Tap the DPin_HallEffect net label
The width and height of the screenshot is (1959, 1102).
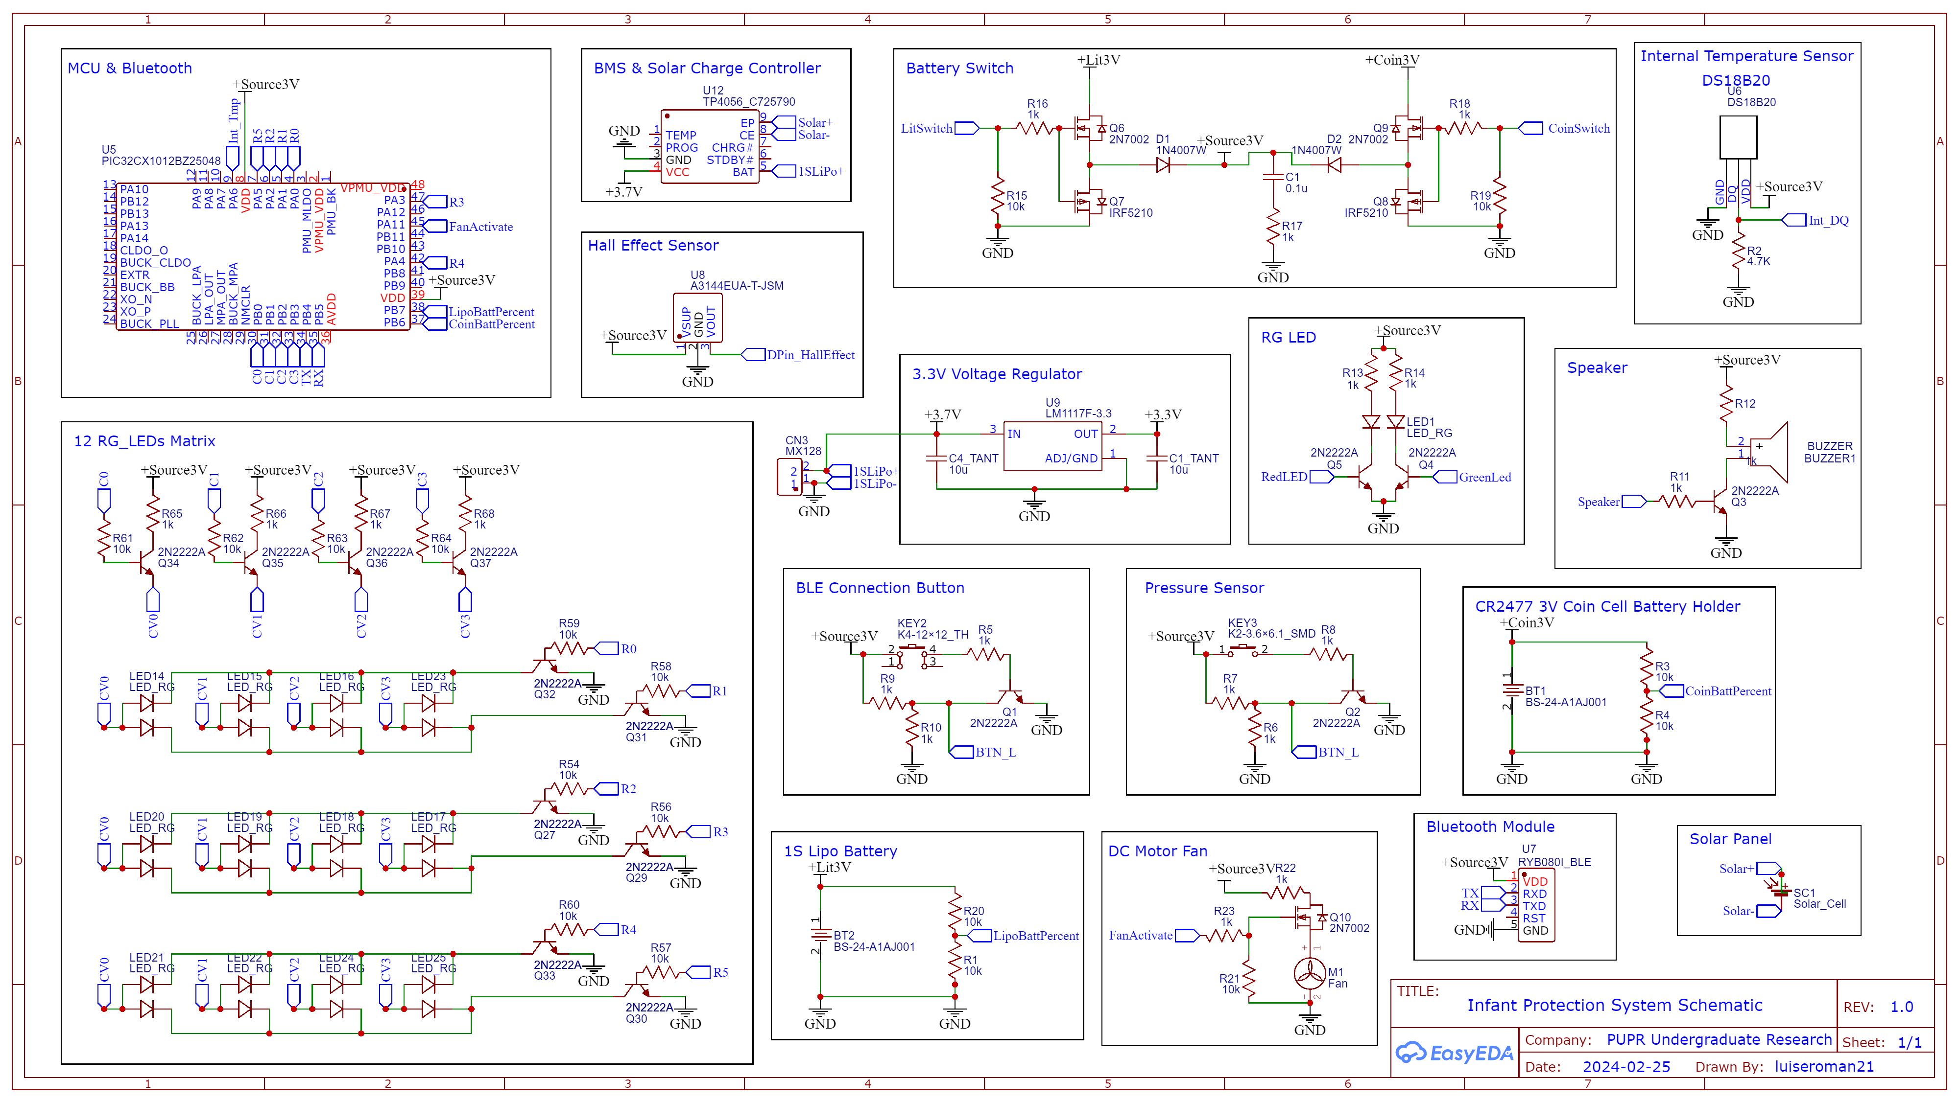[810, 355]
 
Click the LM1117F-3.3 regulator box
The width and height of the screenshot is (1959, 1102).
[1052, 446]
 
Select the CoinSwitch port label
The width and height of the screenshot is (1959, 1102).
[1578, 128]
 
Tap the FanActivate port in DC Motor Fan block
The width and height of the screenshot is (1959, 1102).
[1140, 936]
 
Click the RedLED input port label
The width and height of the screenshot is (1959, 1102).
[1284, 477]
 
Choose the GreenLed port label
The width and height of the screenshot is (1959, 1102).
[1484, 477]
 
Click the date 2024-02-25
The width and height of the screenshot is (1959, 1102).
[1626, 1067]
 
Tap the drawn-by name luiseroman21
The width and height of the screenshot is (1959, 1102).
[1824, 1067]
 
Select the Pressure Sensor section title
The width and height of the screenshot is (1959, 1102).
[1204, 588]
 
